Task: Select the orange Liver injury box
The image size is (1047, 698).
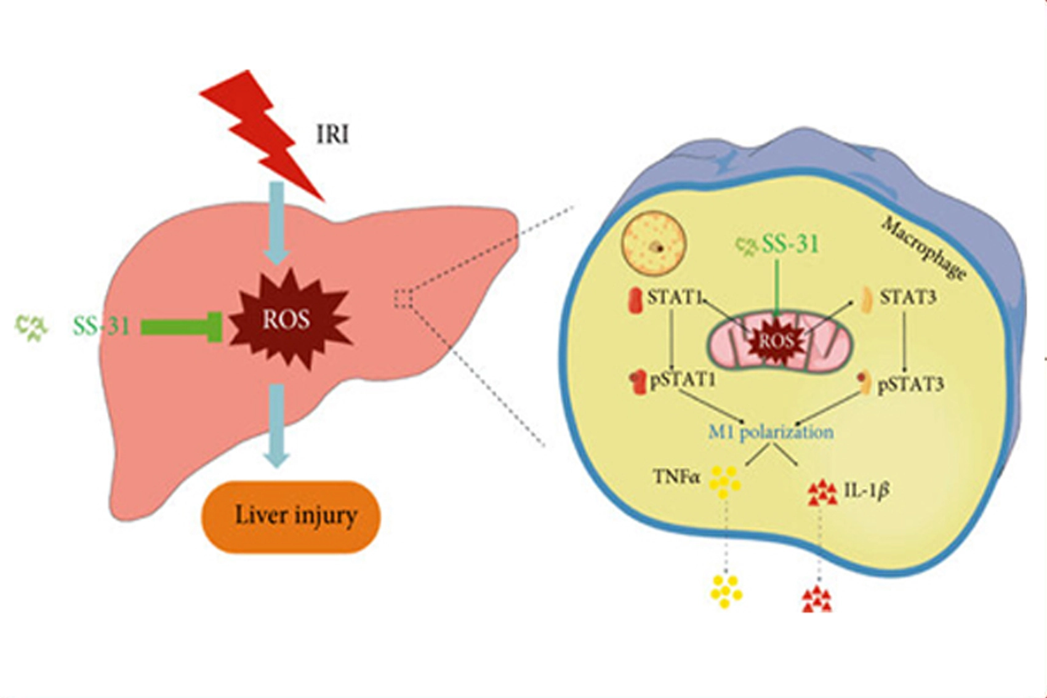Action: [291, 516]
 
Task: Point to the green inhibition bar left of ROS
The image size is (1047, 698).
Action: [182, 326]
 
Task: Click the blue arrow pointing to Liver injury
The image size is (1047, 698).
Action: [276, 425]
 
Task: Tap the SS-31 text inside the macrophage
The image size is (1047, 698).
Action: [790, 244]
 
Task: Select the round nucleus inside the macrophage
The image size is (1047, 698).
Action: [654, 246]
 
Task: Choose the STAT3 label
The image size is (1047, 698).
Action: [908, 298]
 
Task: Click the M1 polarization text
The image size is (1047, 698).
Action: [771, 432]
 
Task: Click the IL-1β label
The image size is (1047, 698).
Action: [867, 491]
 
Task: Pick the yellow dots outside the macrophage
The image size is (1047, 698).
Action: [725, 591]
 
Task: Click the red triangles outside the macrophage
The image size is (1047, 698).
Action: [817, 599]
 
